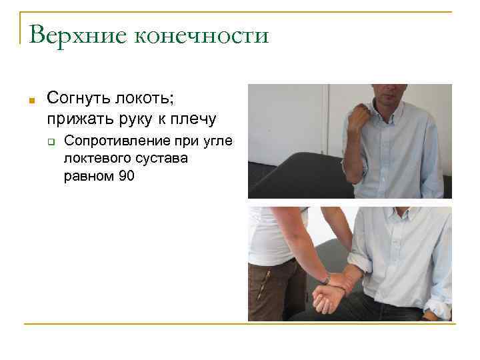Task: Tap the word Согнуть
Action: click(x=81, y=99)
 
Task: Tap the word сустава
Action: click(x=163, y=159)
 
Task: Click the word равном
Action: click(x=87, y=176)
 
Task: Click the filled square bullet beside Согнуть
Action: click(x=31, y=101)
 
